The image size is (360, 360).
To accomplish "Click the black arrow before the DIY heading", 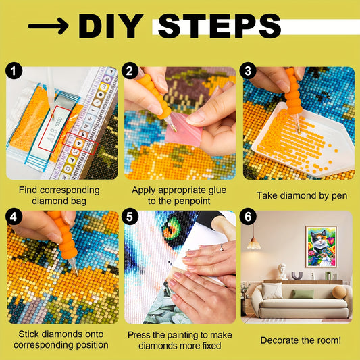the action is click(x=48, y=26).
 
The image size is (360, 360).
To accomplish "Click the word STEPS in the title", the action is click(x=220, y=26).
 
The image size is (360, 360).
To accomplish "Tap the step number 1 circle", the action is click(x=14, y=71).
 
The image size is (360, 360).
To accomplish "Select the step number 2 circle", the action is click(x=130, y=71).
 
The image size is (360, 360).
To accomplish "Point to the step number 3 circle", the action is click(x=248, y=71).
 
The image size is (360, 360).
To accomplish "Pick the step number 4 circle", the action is click(x=14, y=217).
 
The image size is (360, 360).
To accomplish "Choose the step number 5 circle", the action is click(x=130, y=217).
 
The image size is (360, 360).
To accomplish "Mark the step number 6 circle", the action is click(x=248, y=217).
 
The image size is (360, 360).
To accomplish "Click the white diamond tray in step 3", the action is click(x=303, y=140).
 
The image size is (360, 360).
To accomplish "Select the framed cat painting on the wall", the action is click(x=322, y=247).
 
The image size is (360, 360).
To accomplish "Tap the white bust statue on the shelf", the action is click(x=282, y=272).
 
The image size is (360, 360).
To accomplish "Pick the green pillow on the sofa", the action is click(x=303, y=294).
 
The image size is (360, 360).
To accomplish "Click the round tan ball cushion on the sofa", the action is click(x=339, y=292).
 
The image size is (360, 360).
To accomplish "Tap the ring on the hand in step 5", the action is click(x=222, y=247).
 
